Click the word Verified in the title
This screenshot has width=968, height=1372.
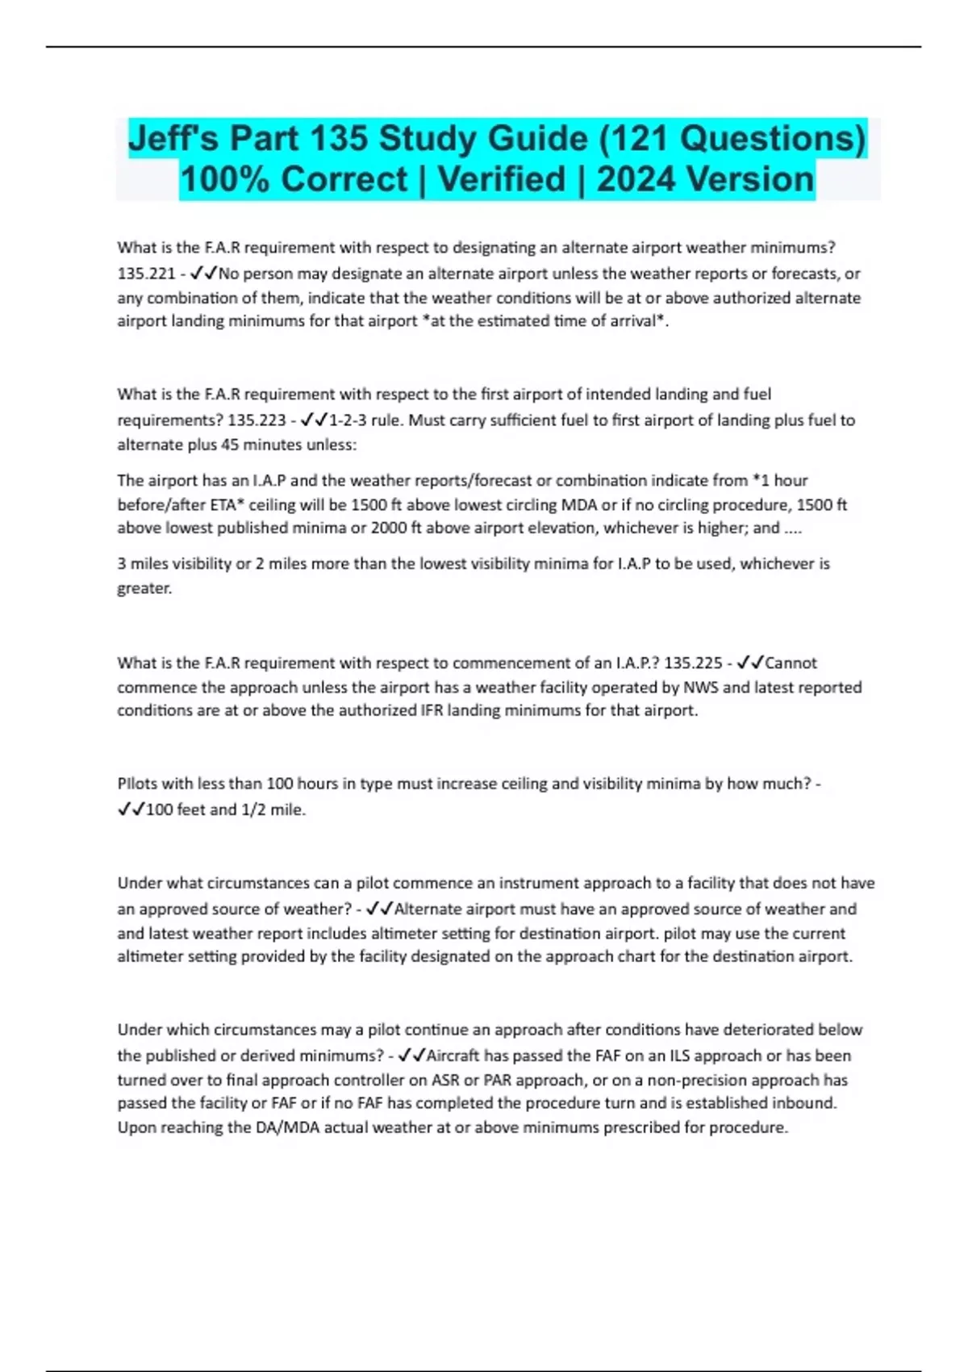[501, 179]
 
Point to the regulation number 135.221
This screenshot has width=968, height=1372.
[146, 274]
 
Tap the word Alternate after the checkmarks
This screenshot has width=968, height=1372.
[428, 910]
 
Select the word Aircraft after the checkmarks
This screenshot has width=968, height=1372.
[453, 1056]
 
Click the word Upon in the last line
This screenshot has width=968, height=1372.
[136, 1127]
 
